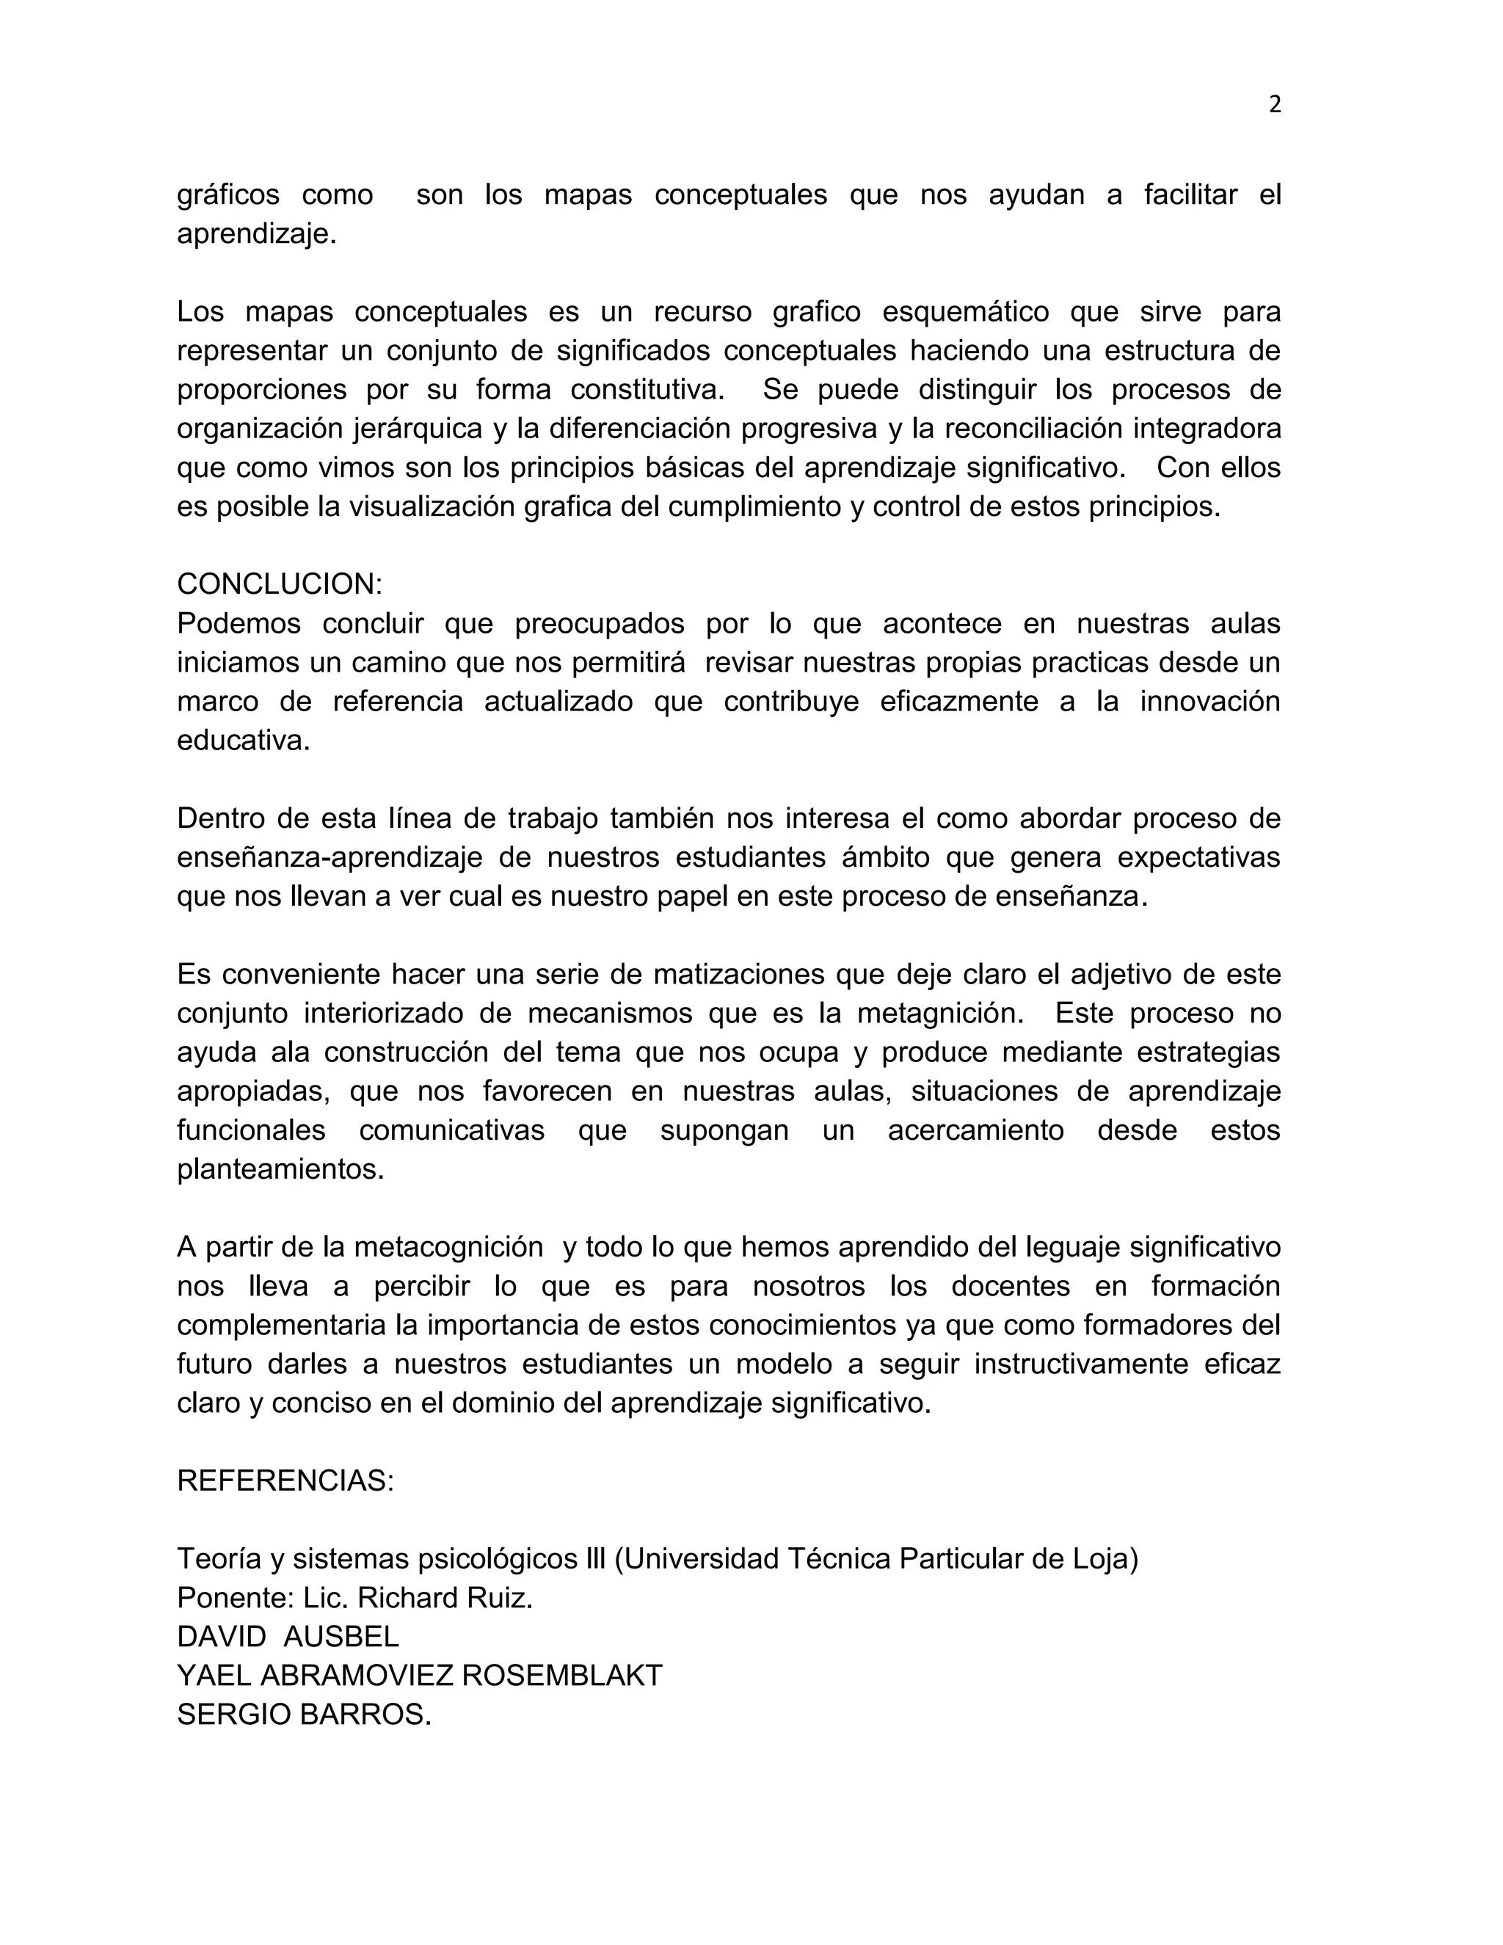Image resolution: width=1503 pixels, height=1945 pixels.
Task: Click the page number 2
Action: (1274, 105)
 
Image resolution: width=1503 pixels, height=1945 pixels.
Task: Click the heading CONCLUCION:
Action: (280, 584)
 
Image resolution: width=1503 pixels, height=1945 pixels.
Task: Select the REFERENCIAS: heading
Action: (285, 1481)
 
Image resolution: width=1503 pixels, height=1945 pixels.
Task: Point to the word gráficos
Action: (228, 195)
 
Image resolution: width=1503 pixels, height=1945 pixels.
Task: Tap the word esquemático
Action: (965, 312)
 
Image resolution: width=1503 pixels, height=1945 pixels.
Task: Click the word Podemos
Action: (238, 623)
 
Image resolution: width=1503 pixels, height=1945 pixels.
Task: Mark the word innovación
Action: (1210, 702)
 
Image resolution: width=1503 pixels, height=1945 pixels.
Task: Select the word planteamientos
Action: (280, 1169)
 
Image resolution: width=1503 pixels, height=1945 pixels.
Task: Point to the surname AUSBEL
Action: (341, 1637)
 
